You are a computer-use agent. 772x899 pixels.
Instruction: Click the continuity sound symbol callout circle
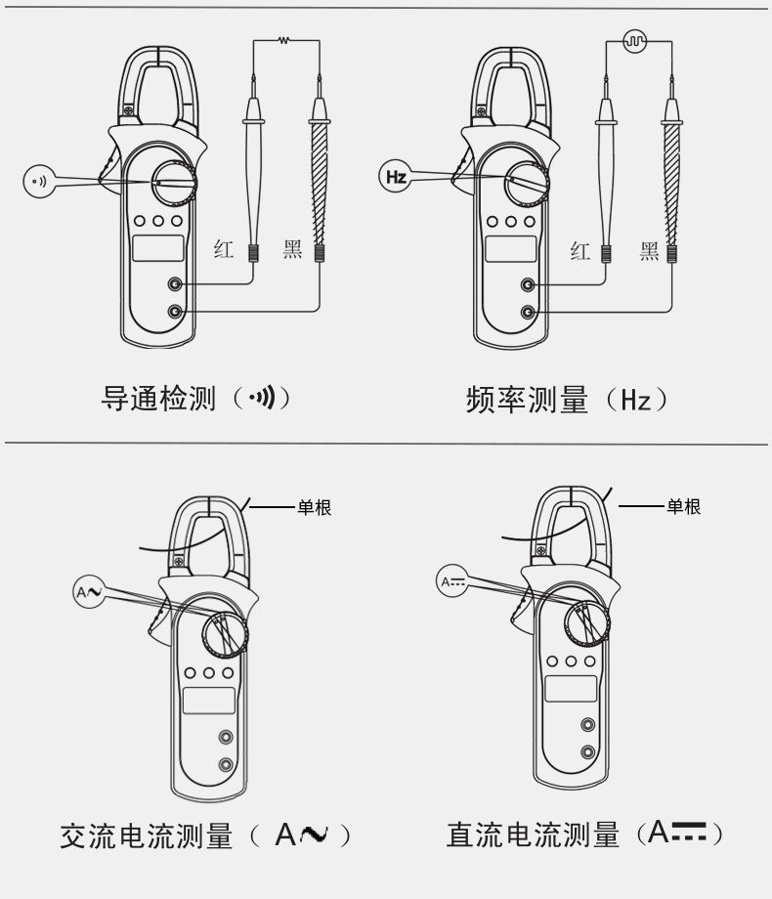pyautogui.click(x=39, y=181)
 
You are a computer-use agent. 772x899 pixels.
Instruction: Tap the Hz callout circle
pyautogui.click(x=396, y=176)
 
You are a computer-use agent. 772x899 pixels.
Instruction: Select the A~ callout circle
pyautogui.click(x=89, y=592)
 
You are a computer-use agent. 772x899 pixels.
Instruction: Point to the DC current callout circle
pyautogui.click(x=451, y=581)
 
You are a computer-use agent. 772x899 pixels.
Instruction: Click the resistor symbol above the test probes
pyautogui.click(x=283, y=40)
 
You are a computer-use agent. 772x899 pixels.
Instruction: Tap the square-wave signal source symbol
pyautogui.click(x=635, y=41)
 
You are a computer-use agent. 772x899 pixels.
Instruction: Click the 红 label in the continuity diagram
pyautogui.click(x=224, y=249)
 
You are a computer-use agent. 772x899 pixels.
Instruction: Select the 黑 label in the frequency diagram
pyautogui.click(x=649, y=251)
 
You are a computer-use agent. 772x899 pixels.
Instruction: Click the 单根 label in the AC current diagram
pyautogui.click(x=315, y=507)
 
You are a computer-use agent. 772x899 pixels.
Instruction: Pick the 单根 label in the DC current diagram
pyautogui.click(x=683, y=506)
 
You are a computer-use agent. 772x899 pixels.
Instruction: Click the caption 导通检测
pyautogui.click(x=158, y=398)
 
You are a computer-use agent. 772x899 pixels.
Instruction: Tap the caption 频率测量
pyautogui.click(x=527, y=400)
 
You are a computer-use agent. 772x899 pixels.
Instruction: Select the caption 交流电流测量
pyautogui.click(x=147, y=835)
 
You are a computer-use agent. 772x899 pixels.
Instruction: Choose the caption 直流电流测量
pyautogui.click(x=534, y=835)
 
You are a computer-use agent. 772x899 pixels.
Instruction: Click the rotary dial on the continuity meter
pyautogui.click(x=174, y=182)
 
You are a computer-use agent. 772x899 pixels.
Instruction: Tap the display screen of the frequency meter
pyautogui.click(x=510, y=249)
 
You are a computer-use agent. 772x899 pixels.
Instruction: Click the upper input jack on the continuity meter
pyautogui.click(x=175, y=283)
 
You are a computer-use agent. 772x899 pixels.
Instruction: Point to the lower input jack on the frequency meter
pyautogui.click(x=528, y=312)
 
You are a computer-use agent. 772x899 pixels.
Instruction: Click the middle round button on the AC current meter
pyautogui.click(x=209, y=673)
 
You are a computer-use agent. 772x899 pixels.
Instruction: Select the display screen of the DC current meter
pyautogui.click(x=571, y=689)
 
